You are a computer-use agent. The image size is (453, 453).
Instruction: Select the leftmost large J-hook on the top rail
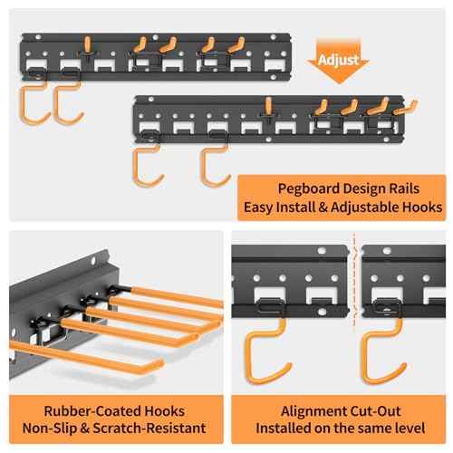(x=29, y=101)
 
